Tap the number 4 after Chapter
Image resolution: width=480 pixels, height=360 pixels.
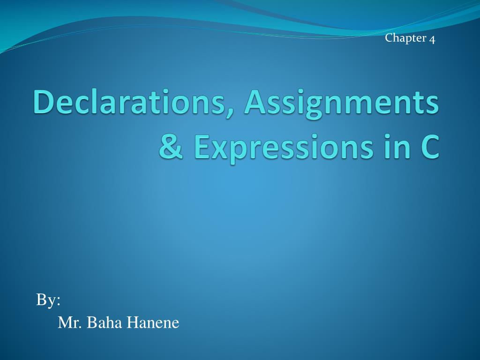[432, 39]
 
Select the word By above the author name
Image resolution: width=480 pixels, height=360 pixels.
[46, 300]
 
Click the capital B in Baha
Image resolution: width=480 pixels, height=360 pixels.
[91, 323]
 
